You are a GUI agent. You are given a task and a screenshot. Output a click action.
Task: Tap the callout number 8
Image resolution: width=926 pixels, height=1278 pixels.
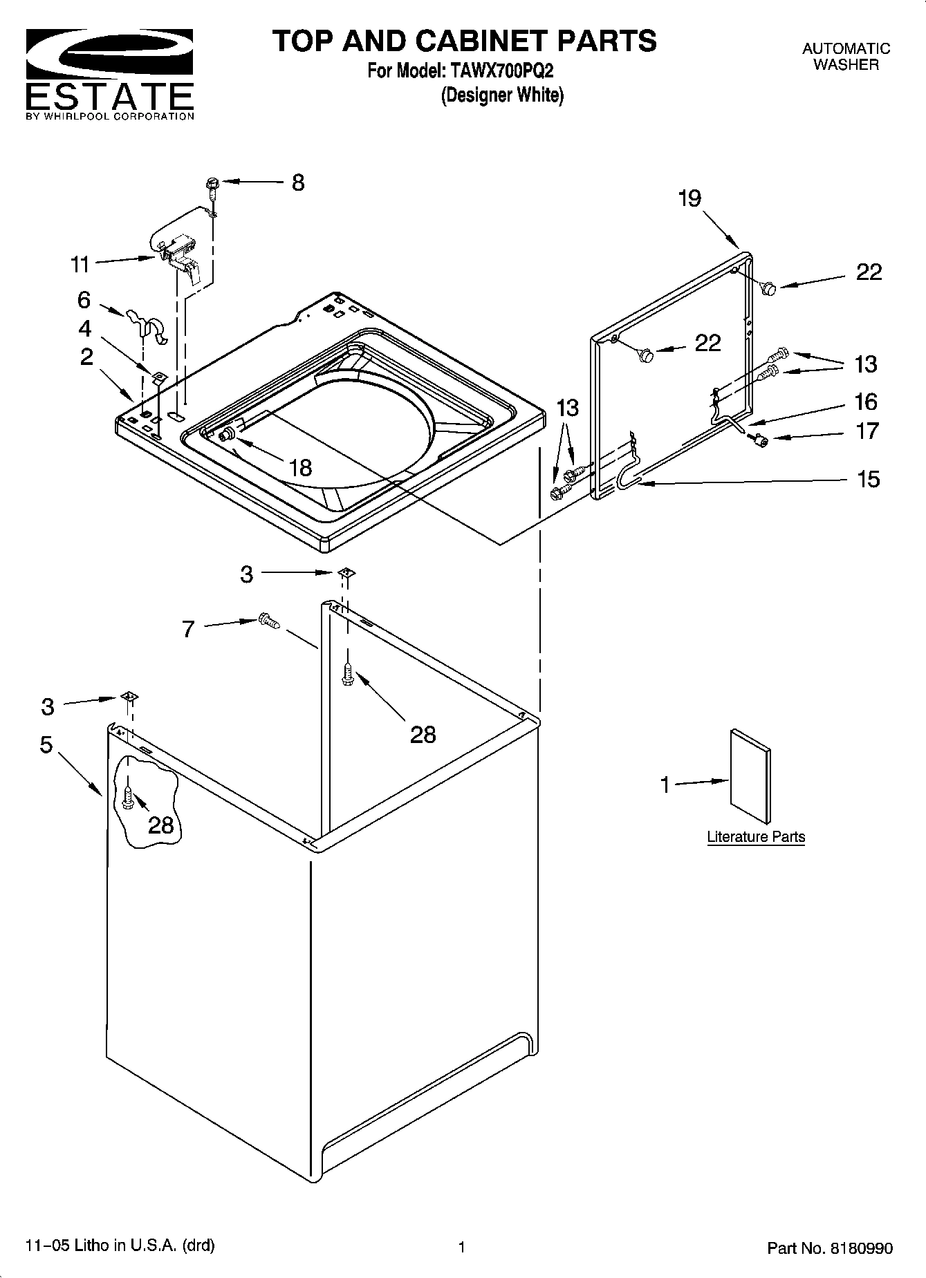click(298, 183)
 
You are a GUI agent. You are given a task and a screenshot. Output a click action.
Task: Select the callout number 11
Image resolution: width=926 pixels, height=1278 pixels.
click(80, 265)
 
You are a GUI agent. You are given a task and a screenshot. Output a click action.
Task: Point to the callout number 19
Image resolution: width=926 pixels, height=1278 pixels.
click(689, 198)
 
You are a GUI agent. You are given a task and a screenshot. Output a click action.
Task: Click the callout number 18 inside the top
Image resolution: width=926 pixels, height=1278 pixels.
click(300, 468)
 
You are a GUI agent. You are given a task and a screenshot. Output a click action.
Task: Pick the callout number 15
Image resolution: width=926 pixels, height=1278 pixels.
click(868, 479)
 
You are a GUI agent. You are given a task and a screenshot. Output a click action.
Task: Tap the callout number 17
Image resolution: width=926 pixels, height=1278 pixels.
click(867, 432)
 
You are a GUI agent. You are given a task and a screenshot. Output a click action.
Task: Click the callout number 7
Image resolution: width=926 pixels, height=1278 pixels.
click(188, 630)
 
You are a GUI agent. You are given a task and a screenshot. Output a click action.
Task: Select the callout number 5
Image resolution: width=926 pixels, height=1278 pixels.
click(46, 745)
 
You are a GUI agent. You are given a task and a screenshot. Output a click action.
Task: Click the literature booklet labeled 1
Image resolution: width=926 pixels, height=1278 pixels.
click(751, 776)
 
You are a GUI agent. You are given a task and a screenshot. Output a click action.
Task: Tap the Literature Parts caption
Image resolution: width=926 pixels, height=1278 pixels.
click(756, 837)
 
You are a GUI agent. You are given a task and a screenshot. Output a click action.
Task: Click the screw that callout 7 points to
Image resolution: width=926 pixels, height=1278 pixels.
click(268, 621)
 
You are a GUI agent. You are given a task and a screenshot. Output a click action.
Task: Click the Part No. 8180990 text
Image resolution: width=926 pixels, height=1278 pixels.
click(829, 1248)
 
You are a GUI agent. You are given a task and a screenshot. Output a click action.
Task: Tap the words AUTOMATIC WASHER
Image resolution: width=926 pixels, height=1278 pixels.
click(846, 57)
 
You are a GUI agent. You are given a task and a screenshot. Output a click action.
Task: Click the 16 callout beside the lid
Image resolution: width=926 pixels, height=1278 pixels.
click(866, 402)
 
